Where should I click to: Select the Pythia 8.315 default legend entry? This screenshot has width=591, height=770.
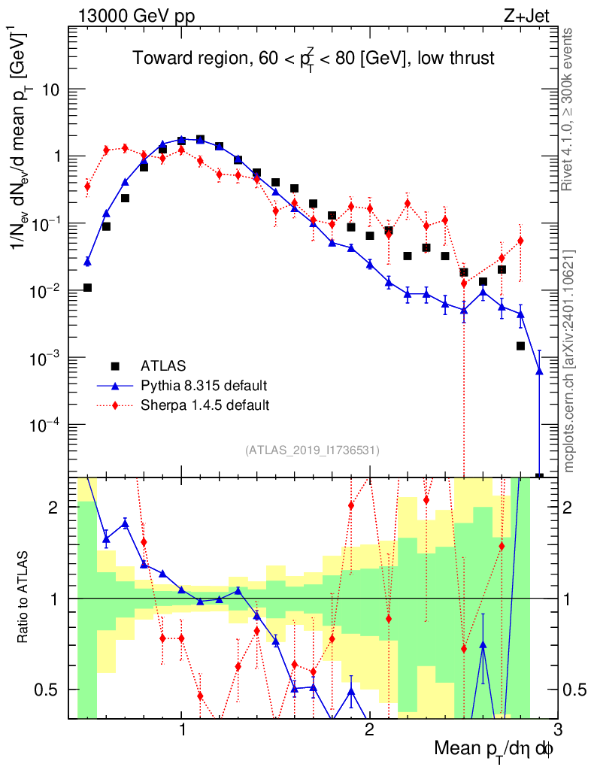point(204,386)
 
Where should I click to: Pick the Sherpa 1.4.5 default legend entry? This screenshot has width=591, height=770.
point(205,405)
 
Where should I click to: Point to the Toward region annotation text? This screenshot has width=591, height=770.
point(314,59)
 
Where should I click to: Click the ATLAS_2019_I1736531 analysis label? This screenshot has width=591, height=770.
point(312,450)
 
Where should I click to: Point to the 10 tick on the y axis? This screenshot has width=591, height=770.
point(50,89)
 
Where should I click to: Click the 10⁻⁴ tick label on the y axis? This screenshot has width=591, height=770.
point(47,425)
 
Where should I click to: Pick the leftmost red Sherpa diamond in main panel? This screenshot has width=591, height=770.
point(87,186)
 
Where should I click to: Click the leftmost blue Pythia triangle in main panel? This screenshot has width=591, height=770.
point(87,262)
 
